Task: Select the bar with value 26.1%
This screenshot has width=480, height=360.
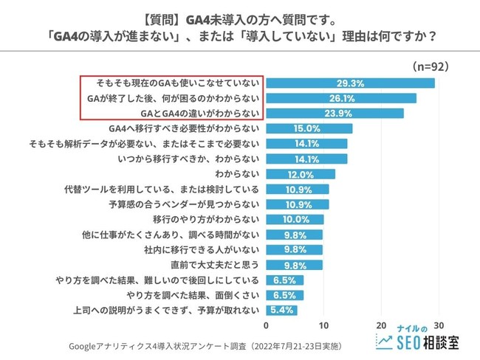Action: click(340, 98)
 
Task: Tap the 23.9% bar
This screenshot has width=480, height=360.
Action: click(335, 113)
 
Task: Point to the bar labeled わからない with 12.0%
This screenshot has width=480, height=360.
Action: click(300, 174)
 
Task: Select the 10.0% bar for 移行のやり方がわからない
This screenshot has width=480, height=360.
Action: click(294, 220)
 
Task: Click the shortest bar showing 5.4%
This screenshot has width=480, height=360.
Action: click(281, 311)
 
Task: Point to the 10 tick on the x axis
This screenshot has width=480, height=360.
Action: click(323, 325)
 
